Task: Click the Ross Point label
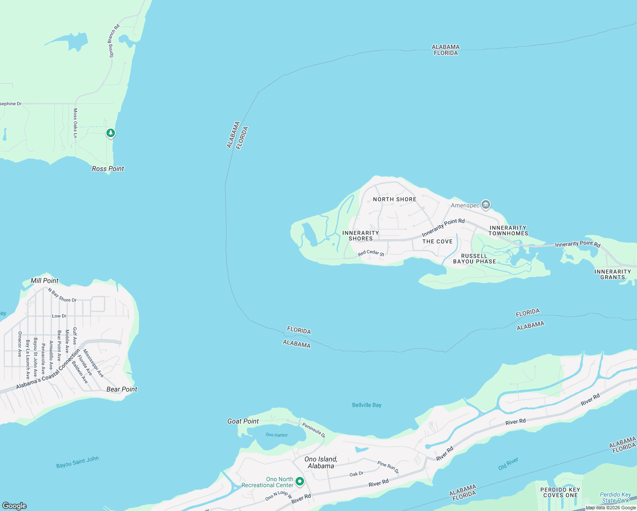point(108,169)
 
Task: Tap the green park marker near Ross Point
point(111,133)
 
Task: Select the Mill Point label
point(45,281)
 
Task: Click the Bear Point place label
point(122,389)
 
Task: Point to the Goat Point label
point(243,421)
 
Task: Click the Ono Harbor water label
point(277,435)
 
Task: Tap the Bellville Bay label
point(367,405)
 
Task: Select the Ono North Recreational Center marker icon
point(300,481)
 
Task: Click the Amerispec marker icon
point(486,205)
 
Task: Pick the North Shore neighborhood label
point(395,199)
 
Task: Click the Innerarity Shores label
point(361,235)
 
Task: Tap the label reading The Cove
point(437,241)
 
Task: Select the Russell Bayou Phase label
point(474,259)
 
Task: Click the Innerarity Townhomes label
point(508,230)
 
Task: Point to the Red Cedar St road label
point(371,253)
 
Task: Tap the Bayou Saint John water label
point(77,462)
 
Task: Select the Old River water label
point(508,464)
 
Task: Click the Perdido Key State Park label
point(616,497)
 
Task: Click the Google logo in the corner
point(14,505)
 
